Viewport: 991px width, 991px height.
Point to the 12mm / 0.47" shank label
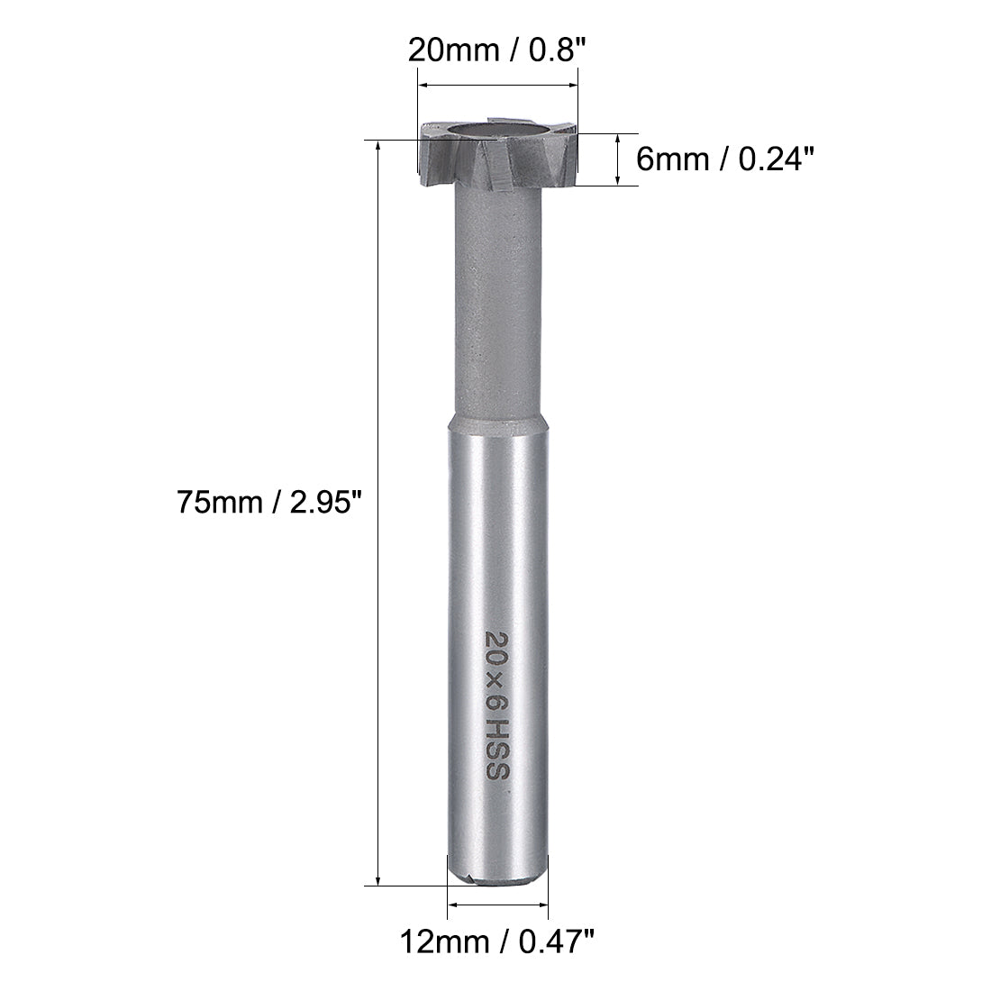pos(498,945)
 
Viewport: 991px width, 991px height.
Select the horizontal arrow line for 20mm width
pos(497,86)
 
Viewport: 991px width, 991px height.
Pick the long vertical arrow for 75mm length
pos(378,514)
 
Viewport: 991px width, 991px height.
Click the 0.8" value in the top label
pos(563,48)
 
